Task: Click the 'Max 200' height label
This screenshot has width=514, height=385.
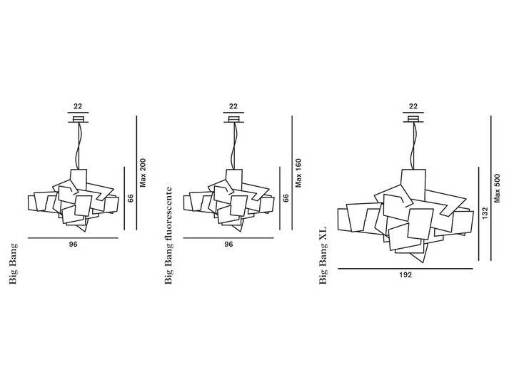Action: pos(143,173)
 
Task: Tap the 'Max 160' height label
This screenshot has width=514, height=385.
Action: pos(298,173)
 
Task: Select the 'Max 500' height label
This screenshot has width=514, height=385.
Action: pos(498,188)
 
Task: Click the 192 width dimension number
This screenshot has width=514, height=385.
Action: pos(405,275)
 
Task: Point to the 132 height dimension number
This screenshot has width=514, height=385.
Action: pos(485,212)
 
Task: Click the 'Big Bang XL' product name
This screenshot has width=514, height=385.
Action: pos(323,255)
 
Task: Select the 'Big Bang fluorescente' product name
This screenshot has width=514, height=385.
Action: pos(168,235)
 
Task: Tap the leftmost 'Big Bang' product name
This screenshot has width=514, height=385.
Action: pos(13,264)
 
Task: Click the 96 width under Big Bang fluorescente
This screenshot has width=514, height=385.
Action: pos(229,245)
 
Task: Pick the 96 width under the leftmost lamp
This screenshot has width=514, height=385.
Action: pos(74,245)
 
